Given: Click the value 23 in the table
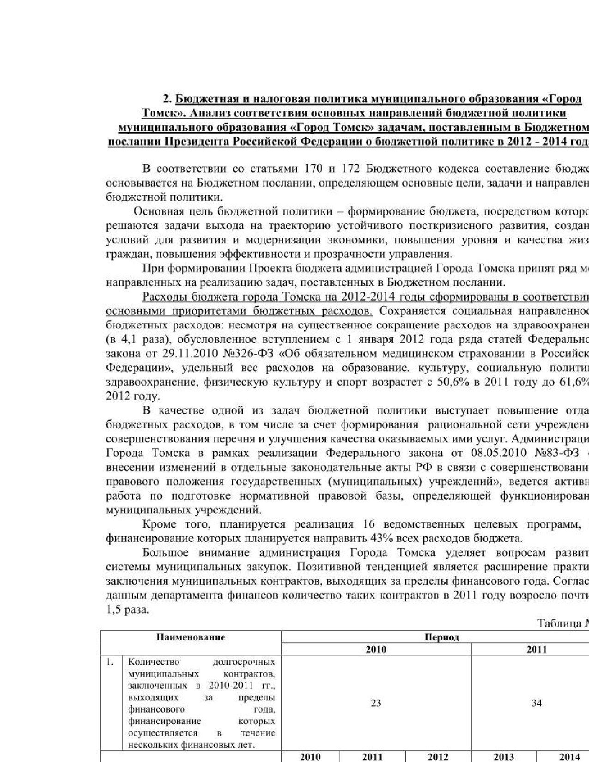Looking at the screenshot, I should pos(376,703).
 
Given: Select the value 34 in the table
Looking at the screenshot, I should pos(536,703).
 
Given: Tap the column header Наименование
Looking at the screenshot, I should pos(190,637).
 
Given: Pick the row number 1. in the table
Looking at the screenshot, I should pos(110,662).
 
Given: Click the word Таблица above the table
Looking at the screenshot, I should pos(558,623).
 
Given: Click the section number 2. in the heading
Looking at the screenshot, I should pos(167,99).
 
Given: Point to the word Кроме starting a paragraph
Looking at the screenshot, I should pos(159,524).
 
